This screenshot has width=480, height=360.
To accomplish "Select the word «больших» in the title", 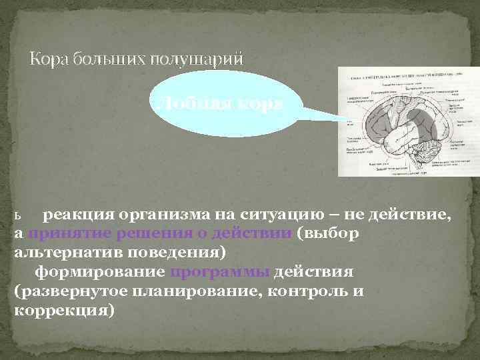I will click(106, 59).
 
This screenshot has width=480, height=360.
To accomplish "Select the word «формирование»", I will click(100, 273).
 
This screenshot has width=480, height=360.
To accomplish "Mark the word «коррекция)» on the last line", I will click(63, 311).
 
